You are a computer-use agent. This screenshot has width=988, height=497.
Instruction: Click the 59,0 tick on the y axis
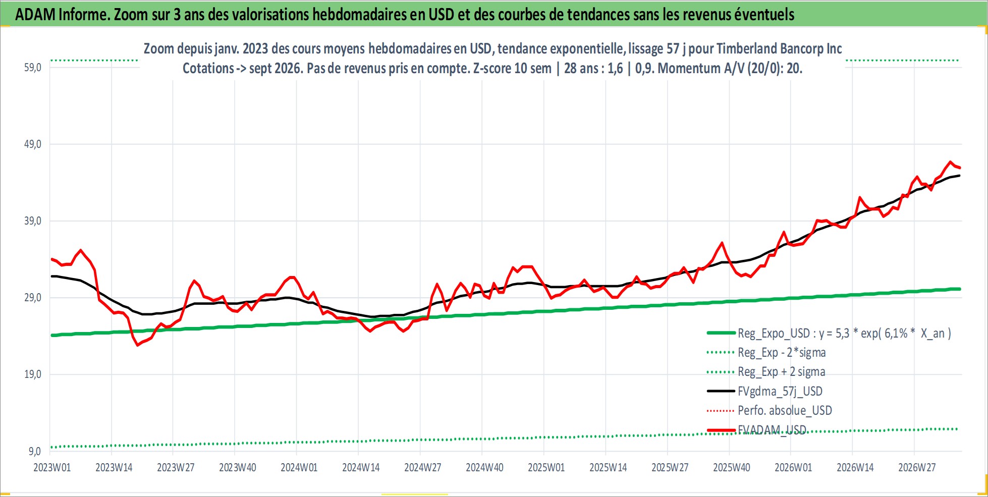click(33, 68)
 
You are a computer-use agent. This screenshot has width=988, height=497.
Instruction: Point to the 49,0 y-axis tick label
click(33, 144)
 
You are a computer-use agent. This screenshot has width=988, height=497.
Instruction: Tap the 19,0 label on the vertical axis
click(33, 374)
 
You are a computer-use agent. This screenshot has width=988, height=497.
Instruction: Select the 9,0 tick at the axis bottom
click(35, 451)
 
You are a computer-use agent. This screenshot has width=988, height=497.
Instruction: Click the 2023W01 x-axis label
click(52, 467)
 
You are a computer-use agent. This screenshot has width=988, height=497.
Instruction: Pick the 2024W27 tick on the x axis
click(423, 467)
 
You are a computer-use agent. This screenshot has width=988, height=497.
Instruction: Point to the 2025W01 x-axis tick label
click(546, 467)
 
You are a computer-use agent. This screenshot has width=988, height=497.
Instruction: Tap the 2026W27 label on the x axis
click(917, 467)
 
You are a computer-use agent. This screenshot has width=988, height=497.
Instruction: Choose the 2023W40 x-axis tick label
click(238, 467)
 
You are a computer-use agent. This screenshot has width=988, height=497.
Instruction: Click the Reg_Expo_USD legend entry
click(829, 333)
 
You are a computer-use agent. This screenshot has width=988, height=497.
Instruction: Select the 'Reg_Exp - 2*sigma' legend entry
click(766, 352)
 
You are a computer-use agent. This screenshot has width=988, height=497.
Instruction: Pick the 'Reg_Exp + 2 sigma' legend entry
click(766, 372)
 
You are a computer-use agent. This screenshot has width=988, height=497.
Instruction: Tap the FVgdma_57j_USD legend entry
click(765, 391)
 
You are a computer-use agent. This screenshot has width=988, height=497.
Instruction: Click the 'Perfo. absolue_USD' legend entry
click(770, 410)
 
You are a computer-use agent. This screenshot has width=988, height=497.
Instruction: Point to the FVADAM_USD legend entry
click(757, 430)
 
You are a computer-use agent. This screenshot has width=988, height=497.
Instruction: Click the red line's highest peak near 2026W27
click(950, 162)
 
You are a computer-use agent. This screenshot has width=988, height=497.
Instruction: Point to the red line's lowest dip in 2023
click(137, 345)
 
